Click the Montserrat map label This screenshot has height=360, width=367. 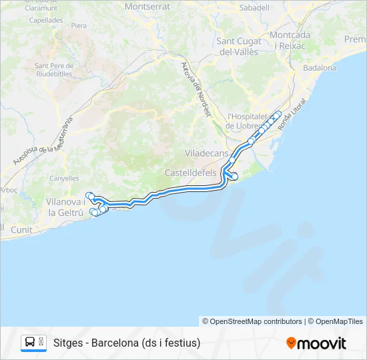click(147, 7)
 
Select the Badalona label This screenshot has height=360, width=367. click(320, 67)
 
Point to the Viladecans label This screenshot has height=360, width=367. click(206, 152)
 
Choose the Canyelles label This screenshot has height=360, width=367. click(64, 178)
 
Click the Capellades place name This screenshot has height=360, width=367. click(46, 21)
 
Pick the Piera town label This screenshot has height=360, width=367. click(79, 25)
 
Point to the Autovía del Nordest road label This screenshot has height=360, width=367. click(196, 89)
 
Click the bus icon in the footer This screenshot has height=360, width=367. click(30, 343)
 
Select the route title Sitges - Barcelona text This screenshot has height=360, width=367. click(127, 343)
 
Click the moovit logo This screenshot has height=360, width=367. click(316, 343)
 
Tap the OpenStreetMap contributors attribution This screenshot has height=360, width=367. click(256, 321)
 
